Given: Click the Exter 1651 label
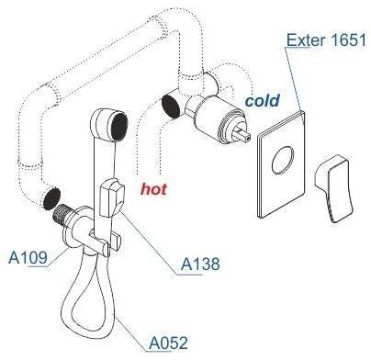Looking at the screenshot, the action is [x=326, y=40].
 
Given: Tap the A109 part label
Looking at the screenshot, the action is [x=28, y=257].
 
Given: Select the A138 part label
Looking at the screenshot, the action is [x=200, y=264].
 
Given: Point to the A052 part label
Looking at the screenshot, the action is [x=168, y=343].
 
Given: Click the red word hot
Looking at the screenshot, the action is [x=153, y=189].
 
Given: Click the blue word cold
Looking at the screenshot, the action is [x=263, y=100].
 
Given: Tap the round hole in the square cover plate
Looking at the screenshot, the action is [x=283, y=160].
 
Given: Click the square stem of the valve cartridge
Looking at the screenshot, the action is [x=242, y=135].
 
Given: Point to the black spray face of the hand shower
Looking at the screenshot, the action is [x=119, y=127].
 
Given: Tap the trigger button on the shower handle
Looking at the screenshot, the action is [x=111, y=197].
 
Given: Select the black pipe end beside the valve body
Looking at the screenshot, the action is [x=171, y=106].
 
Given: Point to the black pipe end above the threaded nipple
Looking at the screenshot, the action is [x=51, y=199].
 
